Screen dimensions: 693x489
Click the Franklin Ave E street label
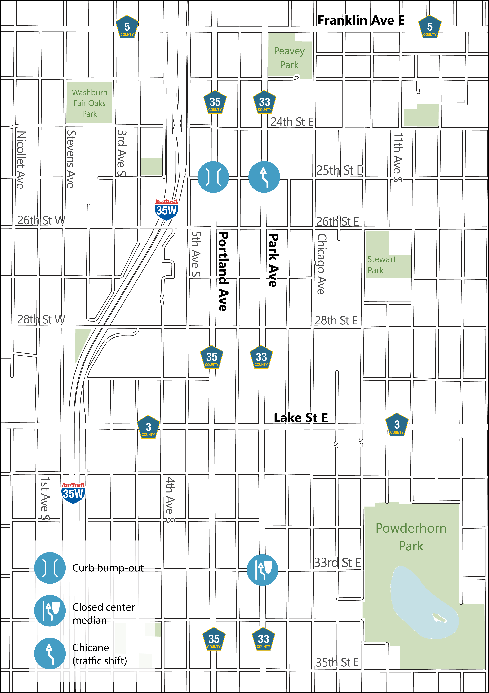pyautogui.click(x=361, y=20)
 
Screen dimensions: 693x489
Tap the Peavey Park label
pyautogui.click(x=289, y=58)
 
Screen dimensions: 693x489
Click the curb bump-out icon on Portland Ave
pyautogui.click(x=213, y=177)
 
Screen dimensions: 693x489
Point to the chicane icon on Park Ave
pyautogui.click(x=264, y=177)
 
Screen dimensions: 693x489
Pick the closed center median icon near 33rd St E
pyautogui.click(x=262, y=570)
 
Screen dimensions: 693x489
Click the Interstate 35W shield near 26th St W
pyautogui.click(x=166, y=210)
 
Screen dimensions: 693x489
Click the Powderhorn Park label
pyautogui.click(x=411, y=537)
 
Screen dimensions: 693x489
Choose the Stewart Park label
pyautogui.click(x=381, y=265)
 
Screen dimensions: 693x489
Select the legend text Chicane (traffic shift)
pyautogui.click(x=100, y=654)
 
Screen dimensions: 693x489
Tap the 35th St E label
pyautogui.click(x=337, y=663)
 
